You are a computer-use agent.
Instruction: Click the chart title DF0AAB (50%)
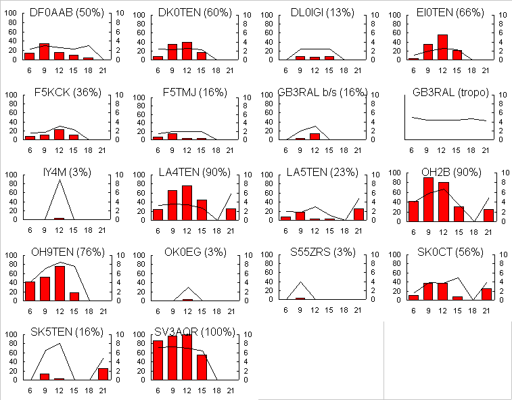(62, 12)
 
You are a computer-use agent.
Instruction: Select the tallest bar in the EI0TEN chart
(442, 47)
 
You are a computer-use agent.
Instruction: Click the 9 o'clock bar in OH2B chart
(428, 200)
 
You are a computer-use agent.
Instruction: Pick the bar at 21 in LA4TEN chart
(231, 215)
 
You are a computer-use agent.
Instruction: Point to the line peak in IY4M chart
(60, 180)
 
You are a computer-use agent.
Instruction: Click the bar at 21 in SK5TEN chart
(103, 374)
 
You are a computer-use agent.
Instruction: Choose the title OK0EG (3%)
(190, 252)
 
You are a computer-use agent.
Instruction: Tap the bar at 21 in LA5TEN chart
(358, 215)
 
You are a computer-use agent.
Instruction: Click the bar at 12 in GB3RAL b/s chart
(315, 136)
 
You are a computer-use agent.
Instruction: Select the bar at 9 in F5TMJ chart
(172, 136)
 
